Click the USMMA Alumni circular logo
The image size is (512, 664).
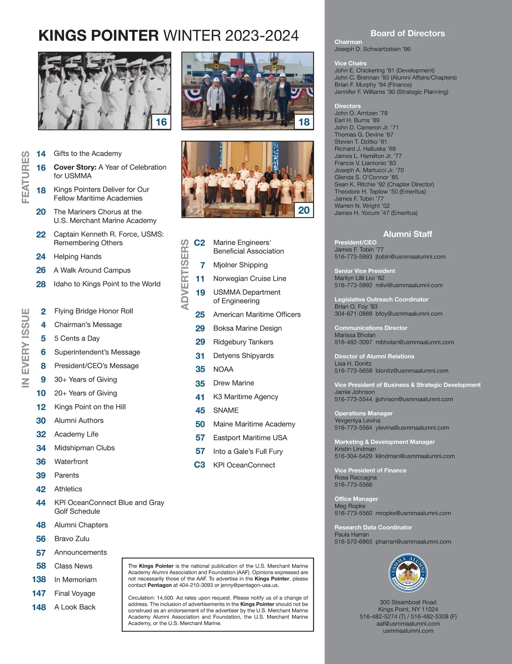pos(408,573)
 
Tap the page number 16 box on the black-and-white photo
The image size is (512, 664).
pos(161,122)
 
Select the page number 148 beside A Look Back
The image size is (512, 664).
pos(39,607)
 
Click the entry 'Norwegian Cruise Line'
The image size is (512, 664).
pos(250,279)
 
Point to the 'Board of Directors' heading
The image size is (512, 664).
pos(407,33)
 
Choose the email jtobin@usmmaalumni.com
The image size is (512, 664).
pos(410,257)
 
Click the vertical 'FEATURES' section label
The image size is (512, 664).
pos(26,177)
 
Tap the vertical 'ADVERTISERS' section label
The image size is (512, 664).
pos(185,274)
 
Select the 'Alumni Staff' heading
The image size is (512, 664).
pos(407,234)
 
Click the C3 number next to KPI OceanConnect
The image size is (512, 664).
pos(200,465)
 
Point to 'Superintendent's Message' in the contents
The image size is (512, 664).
pos(97,352)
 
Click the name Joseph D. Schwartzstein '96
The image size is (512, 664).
pos(372,49)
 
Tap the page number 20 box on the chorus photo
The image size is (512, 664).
pos(304,210)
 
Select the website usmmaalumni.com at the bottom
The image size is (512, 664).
pos(408,631)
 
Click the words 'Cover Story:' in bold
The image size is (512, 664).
pos(75,167)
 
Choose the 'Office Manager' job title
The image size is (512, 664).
pos(356,499)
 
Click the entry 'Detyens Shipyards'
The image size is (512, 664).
pos(243,356)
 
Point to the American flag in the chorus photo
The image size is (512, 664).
pos(185,162)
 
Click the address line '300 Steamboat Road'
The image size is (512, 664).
pos(408,602)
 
